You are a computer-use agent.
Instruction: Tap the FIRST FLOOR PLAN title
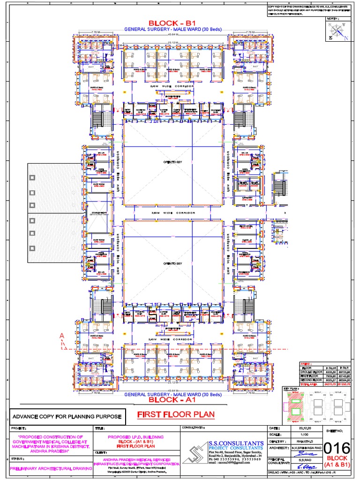pos(176,414)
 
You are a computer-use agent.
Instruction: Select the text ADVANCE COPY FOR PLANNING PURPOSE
pos(67,416)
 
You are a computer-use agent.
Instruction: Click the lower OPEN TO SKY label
pos(172,264)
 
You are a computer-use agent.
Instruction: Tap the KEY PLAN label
pos(291,389)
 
